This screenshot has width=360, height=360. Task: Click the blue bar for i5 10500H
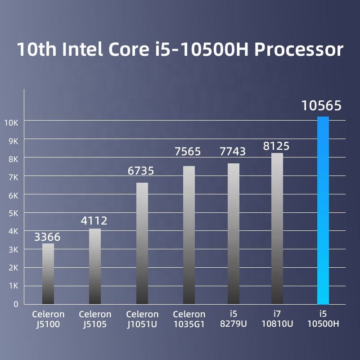[323, 210]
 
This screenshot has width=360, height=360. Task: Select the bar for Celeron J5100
[48, 274]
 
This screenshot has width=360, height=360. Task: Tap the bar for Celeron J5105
[95, 266]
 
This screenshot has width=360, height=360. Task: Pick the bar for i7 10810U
[277, 228]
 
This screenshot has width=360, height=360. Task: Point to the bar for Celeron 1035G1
[189, 235]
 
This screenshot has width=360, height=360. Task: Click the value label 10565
[321, 106]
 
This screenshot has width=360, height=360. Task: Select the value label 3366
[47, 237]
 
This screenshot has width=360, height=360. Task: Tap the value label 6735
[141, 171]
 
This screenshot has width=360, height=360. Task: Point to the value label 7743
[233, 152]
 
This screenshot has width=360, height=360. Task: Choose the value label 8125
[276, 146]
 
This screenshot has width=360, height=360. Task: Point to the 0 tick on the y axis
[16, 304]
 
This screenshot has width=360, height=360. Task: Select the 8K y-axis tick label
[13, 159]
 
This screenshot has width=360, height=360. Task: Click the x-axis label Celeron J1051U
[142, 319]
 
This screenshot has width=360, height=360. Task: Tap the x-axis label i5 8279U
[233, 319]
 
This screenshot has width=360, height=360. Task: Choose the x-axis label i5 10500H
[323, 319]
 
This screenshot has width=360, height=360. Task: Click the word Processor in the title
[299, 49]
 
